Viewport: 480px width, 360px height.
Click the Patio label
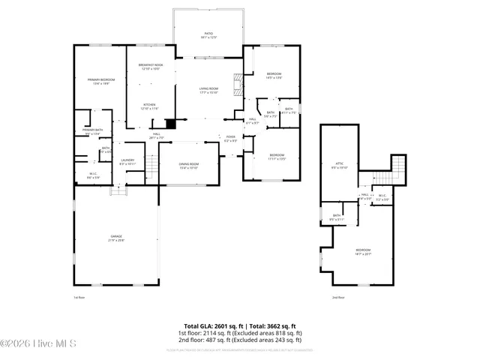(209, 35)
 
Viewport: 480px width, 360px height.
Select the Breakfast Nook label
(150, 67)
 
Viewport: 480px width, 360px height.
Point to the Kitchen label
(149, 106)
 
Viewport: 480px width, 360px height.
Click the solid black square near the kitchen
(171, 124)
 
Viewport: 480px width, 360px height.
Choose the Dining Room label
(188, 166)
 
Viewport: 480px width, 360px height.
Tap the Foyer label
(231, 139)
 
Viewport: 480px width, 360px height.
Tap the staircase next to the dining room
(151, 163)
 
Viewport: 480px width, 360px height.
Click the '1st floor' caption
(79, 297)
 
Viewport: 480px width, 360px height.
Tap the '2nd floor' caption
(338, 297)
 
